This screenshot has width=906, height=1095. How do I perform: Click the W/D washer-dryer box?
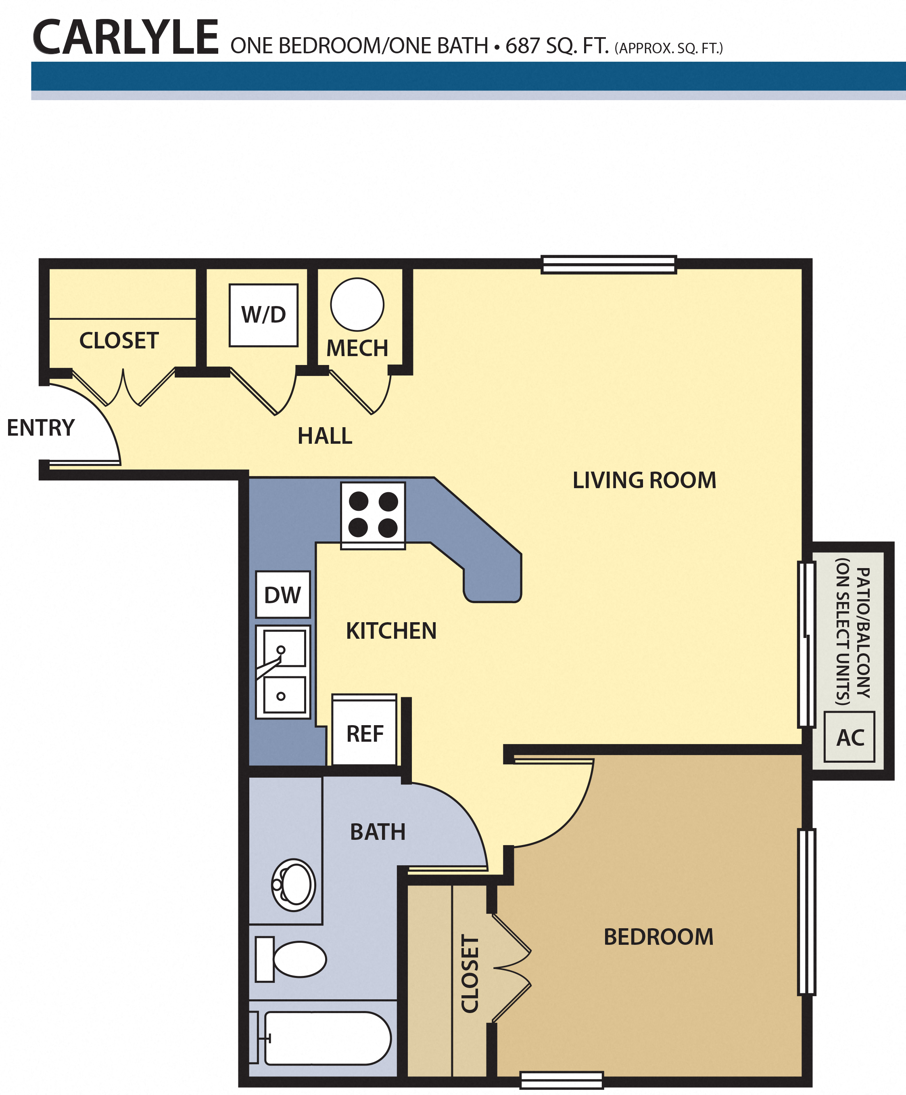[264, 315]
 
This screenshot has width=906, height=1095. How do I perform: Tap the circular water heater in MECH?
[357, 304]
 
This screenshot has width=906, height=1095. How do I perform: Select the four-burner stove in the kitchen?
[373, 515]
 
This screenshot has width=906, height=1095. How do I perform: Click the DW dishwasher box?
[283, 594]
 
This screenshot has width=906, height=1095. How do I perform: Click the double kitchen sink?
[283, 672]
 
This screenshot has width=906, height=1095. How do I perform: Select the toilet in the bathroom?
[291, 959]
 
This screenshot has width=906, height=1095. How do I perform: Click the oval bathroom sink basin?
[294, 885]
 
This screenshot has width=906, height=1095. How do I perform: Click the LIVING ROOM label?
[645, 480]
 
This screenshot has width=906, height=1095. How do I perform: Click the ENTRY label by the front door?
[41, 428]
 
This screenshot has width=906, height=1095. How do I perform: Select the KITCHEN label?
[391, 631]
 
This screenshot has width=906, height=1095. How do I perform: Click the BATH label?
[378, 832]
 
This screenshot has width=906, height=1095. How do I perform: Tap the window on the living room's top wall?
[609, 264]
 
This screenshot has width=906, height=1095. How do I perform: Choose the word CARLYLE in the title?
[125, 37]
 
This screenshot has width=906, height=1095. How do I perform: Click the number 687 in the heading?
[522, 46]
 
